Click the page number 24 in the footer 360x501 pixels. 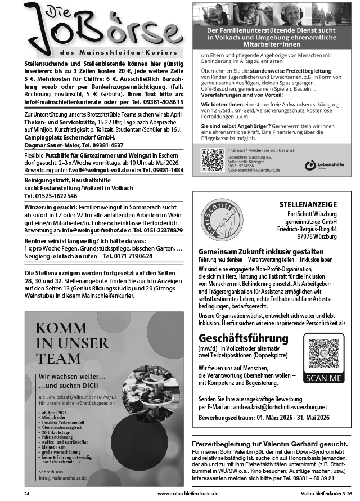tap(26, 494)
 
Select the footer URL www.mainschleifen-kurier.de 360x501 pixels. tap(187, 494)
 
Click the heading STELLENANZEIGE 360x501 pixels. tap(308, 204)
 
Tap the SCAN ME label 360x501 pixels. tap(323, 378)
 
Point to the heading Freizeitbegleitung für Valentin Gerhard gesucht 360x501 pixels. tap(269, 444)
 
